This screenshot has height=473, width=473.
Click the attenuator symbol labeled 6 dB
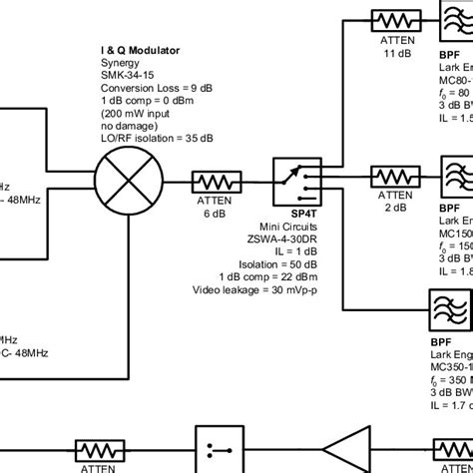click(217, 183)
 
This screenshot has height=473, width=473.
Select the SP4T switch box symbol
click(297, 182)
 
